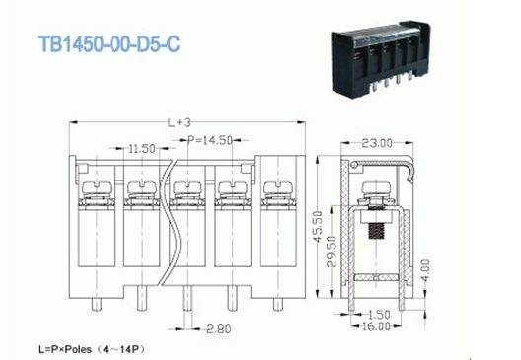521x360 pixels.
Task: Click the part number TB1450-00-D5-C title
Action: tap(110, 43)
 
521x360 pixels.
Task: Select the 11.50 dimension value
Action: tap(142, 149)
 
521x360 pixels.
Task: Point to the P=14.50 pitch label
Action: tap(209, 140)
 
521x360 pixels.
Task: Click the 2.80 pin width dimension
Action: tap(219, 329)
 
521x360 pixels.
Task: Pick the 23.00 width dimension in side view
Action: tap(377, 143)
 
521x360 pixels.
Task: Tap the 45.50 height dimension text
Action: tap(318, 227)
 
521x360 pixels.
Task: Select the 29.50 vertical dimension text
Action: tap(332, 252)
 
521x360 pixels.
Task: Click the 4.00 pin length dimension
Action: tap(425, 270)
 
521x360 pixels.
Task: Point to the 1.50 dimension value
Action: tap(379, 315)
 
